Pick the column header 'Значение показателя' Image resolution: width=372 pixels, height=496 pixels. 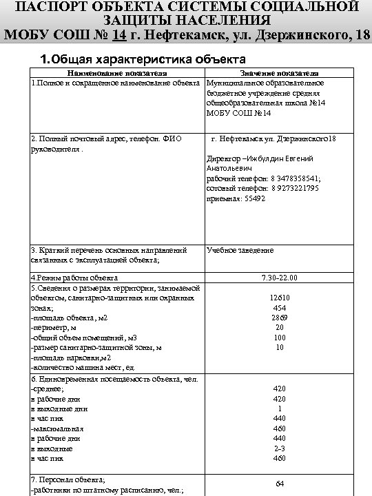point(278,72)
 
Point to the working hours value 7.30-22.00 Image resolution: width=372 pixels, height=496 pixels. point(279,278)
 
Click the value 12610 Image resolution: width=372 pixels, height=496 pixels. point(279,298)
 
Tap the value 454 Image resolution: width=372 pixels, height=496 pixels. point(279,308)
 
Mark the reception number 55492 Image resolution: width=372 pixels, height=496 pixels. point(250,198)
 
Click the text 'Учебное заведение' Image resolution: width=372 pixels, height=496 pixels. point(240,250)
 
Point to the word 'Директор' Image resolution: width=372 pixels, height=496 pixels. point(223,158)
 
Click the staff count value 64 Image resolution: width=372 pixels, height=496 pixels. point(280,484)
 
